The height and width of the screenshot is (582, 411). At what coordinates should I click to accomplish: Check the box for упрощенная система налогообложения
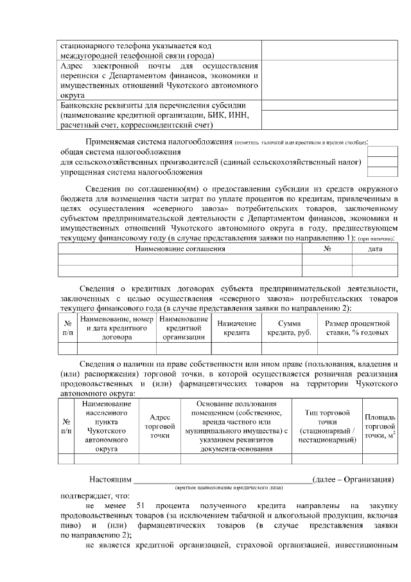pos(383,172)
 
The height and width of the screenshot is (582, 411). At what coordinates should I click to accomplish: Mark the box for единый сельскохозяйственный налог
pos(383,162)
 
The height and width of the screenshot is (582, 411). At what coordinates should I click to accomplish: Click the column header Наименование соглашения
pos(180,248)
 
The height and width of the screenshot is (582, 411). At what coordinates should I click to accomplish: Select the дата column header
pos(375,248)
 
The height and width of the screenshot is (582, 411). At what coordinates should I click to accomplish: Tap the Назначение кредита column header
pos(236,327)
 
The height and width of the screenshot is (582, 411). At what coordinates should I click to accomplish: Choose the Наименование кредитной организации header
pos(184,327)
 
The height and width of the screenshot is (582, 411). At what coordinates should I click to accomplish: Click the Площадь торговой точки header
pos(380,426)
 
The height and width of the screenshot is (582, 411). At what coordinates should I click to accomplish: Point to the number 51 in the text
pos(143,506)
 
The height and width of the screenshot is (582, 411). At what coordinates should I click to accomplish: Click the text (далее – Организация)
pos(352,480)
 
